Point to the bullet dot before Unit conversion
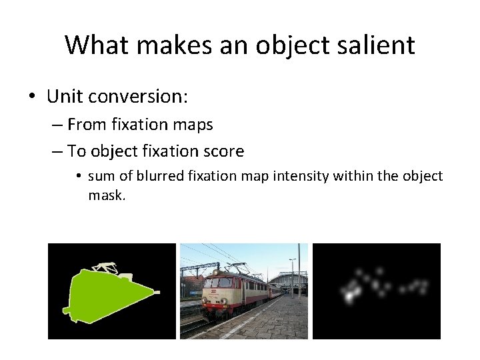(31, 97)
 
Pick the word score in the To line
(225, 151)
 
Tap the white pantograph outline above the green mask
(105, 268)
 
